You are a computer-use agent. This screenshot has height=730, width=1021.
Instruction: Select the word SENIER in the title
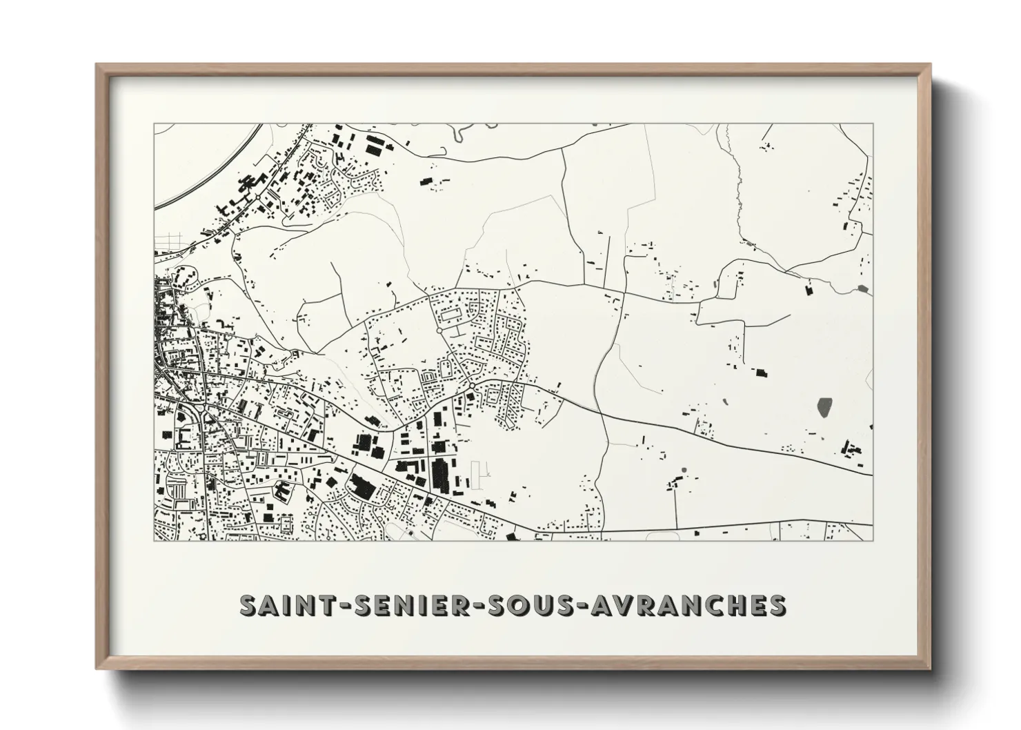click(x=404, y=605)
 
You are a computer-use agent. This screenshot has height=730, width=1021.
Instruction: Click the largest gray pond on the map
click(x=824, y=406)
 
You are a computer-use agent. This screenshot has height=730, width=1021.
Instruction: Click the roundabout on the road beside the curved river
click(x=257, y=197)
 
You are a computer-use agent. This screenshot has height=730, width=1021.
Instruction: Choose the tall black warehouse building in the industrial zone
click(x=439, y=475)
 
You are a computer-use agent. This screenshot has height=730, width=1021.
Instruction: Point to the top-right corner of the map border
click(x=873, y=124)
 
